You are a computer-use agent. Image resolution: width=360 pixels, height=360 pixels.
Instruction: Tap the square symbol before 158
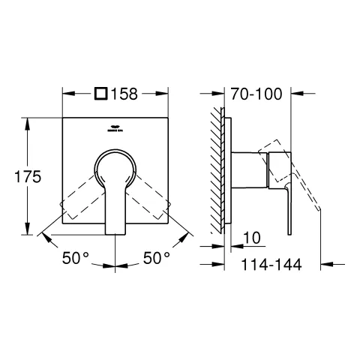point(101,95)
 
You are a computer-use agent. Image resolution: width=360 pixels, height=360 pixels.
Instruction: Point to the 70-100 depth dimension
point(257,95)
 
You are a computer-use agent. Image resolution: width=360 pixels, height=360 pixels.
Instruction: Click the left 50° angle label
point(76,258)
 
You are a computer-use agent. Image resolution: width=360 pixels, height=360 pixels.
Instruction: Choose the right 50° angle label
point(157,258)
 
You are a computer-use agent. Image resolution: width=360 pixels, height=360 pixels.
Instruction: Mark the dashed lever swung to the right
point(150,199)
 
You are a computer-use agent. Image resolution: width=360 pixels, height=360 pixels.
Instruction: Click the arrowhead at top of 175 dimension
point(28,120)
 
